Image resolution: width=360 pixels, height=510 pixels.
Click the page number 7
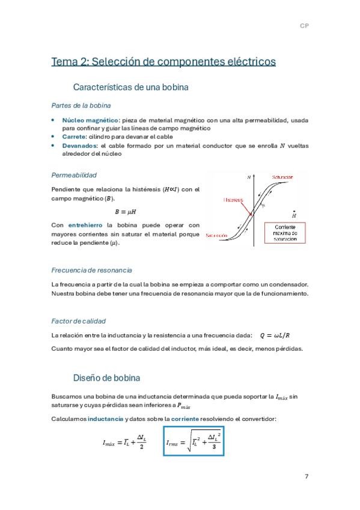click(307, 476)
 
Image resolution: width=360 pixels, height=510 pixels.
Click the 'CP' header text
click(304, 26)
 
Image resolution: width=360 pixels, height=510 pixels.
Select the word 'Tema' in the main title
click(65, 61)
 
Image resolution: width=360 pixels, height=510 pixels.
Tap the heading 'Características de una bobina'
click(130, 87)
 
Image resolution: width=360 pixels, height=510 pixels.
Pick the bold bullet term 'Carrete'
click(74, 137)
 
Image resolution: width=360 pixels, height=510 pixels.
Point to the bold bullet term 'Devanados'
click(79, 145)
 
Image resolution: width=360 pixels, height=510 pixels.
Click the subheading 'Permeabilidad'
click(74, 175)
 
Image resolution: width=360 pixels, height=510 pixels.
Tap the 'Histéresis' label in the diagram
click(233, 199)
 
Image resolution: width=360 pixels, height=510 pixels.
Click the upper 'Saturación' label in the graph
click(282, 177)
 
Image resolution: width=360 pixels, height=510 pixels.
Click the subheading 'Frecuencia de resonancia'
click(91, 270)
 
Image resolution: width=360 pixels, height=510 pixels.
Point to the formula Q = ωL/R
click(278, 335)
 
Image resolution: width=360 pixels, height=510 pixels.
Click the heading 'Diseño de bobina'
click(106, 378)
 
